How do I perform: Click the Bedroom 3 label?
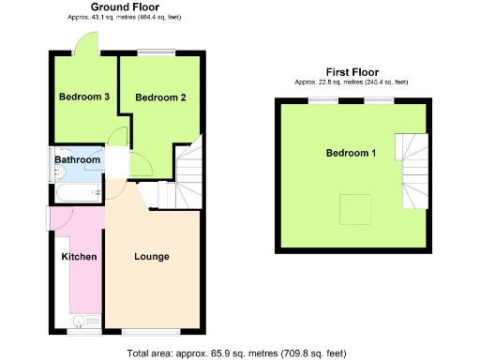pos(84,97)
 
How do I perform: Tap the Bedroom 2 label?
pos(160,97)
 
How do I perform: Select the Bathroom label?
pos(76,160)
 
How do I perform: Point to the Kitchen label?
pos(79,256)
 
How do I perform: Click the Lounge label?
pos(151,256)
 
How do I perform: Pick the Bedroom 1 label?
pos(351,153)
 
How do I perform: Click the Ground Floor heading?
pos(123,7)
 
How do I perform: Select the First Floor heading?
pos(352,72)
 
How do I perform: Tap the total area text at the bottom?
pos(236,352)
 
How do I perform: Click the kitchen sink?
pos(84,322)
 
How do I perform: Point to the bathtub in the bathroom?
pos(78,192)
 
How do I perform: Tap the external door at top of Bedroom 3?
pos(85,44)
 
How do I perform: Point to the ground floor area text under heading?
pos(123,17)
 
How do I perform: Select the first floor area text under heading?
pos(352,82)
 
